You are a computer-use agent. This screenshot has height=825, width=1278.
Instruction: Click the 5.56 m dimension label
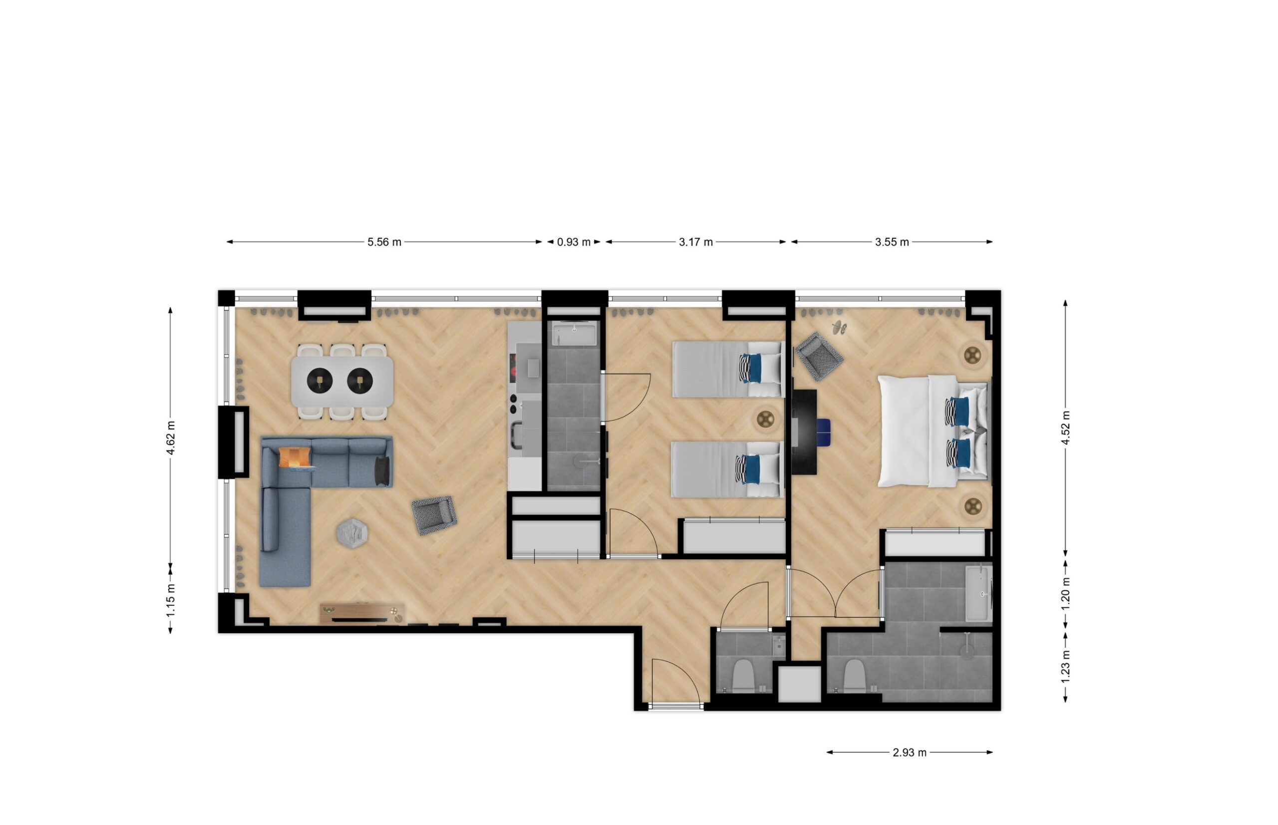pyautogui.click(x=384, y=242)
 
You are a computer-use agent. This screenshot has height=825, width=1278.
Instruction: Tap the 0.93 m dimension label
pyautogui.click(x=574, y=242)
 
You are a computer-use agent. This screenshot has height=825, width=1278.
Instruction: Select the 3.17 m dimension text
pyautogui.click(x=695, y=242)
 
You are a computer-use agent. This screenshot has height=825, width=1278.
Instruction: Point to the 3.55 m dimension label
pyautogui.click(x=892, y=242)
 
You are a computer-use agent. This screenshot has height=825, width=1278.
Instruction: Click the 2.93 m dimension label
pyautogui.click(x=909, y=753)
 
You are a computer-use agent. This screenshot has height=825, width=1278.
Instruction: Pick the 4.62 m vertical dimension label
pyautogui.click(x=171, y=437)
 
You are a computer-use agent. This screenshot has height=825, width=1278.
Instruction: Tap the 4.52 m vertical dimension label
pyautogui.click(x=1065, y=427)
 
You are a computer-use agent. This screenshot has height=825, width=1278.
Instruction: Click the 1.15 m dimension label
pyautogui.click(x=171, y=599)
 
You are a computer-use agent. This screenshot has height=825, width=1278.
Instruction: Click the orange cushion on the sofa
pyautogui.click(x=295, y=457)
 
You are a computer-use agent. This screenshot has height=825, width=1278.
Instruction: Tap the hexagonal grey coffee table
pyautogui.click(x=352, y=533)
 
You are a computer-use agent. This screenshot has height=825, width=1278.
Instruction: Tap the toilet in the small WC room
pyautogui.click(x=743, y=676)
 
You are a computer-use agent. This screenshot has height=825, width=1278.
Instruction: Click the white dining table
pyautogui.click(x=342, y=382)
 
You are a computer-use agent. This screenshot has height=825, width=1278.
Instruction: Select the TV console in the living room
pyautogui.click(x=362, y=613)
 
